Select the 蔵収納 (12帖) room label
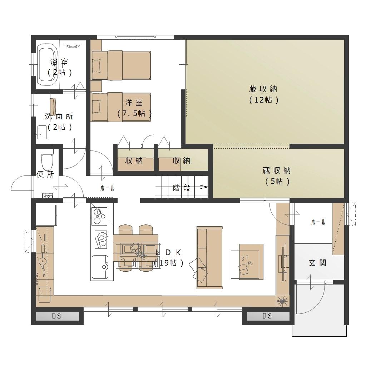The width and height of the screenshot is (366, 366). click(x=263, y=94)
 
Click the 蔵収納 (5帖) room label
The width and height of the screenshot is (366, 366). click(x=276, y=176)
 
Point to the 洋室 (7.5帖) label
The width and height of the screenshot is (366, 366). click(x=134, y=108)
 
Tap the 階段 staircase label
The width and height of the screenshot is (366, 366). click(x=181, y=188)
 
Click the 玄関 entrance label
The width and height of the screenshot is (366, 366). click(x=317, y=263)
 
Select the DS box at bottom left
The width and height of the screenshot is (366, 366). click(x=56, y=316)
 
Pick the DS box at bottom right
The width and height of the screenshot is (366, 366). click(x=267, y=316)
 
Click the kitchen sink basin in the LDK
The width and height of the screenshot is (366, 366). click(x=100, y=267)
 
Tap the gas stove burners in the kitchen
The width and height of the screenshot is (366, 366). click(x=99, y=216)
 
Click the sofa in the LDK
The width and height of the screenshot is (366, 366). click(x=209, y=258)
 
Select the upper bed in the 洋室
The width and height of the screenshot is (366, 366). click(x=121, y=65)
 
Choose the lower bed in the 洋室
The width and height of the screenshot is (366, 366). click(x=121, y=107)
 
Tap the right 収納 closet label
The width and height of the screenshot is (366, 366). click(x=181, y=161)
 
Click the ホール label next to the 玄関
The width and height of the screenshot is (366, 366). click(x=318, y=222)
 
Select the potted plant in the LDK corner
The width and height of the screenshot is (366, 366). click(x=282, y=301)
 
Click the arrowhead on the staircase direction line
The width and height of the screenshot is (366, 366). click(x=204, y=187)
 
